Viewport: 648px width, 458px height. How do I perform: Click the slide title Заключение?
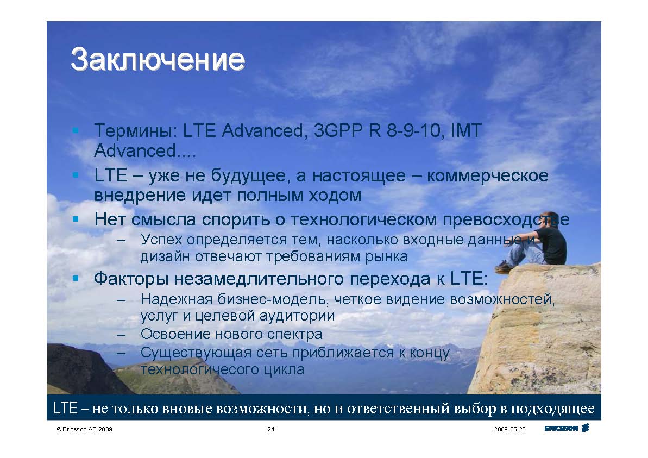[x=158, y=60]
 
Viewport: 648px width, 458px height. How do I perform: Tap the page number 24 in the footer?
[x=271, y=430]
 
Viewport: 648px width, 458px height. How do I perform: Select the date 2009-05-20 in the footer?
[x=509, y=430]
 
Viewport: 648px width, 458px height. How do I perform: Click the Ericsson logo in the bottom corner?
[x=567, y=429]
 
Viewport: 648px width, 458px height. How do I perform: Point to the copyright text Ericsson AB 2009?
[x=84, y=430]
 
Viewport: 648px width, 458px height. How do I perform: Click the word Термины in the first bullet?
[x=135, y=131]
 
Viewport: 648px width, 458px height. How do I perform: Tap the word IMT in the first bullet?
[x=465, y=130]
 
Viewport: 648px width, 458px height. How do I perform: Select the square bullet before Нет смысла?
[x=76, y=219]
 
